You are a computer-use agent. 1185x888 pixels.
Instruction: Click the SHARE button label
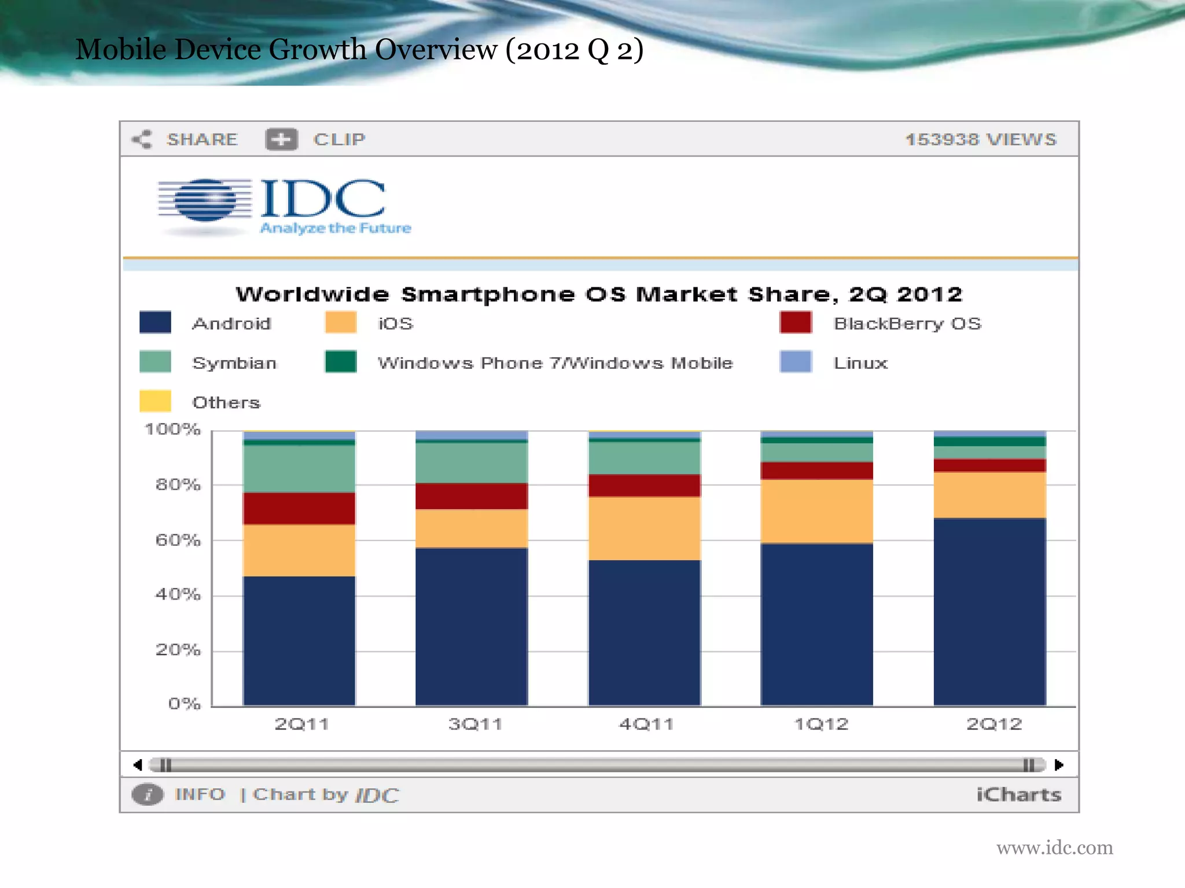click(202, 139)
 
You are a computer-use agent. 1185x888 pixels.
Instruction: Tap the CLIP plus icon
click(281, 139)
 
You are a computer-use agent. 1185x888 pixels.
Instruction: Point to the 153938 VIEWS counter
click(981, 139)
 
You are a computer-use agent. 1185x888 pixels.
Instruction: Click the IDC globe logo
click(205, 200)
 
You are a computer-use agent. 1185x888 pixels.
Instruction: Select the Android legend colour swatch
click(155, 323)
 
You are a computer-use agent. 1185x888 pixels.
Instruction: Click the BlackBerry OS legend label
click(907, 324)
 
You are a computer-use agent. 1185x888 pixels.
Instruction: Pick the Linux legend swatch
click(795, 362)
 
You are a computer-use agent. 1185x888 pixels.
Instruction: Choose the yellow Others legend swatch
click(155, 401)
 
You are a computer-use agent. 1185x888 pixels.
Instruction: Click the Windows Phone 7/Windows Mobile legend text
click(555, 363)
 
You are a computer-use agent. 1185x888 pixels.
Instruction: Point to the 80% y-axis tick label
click(178, 484)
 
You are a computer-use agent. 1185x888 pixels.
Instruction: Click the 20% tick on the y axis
click(178, 650)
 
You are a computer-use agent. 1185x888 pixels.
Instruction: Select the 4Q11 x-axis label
click(646, 724)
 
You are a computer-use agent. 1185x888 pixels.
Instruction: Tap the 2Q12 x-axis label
click(994, 724)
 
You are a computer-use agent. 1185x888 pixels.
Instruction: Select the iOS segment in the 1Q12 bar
click(816, 511)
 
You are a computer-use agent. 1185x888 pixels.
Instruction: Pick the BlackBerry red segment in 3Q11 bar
click(472, 496)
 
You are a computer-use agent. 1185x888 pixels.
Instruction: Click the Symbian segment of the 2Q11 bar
click(299, 468)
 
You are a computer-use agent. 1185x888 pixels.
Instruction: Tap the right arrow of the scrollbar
click(1059, 765)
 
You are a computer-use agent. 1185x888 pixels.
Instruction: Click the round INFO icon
click(148, 794)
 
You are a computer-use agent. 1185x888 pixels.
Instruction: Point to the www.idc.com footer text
click(1054, 848)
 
